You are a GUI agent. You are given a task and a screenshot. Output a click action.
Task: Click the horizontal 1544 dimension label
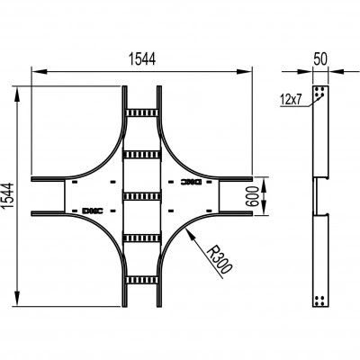[142, 58]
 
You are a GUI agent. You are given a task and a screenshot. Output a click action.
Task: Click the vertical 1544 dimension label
[8, 196]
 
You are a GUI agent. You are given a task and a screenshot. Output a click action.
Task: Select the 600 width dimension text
[252, 196]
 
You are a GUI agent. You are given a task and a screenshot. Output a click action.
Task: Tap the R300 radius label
[220, 259]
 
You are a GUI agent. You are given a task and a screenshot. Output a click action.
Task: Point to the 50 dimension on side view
[320, 59]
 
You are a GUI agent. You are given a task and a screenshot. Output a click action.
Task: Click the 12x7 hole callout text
[291, 99]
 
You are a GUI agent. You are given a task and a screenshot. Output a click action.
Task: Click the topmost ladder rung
[142, 112]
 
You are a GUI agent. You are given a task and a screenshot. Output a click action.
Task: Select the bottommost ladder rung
[142, 280]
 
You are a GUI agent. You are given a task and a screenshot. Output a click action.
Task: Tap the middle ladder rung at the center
[142, 196]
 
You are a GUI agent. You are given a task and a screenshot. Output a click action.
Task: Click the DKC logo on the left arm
[93, 211]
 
